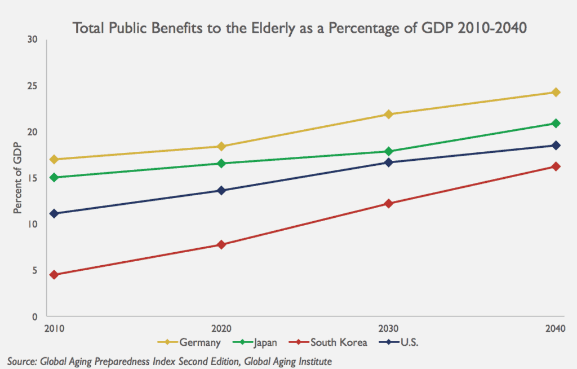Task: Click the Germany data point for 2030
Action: click(x=388, y=114)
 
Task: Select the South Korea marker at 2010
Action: click(x=54, y=275)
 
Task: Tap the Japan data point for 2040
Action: click(x=556, y=123)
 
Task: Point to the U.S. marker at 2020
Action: click(x=221, y=190)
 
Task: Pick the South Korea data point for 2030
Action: click(x=388, y=203)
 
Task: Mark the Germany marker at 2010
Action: click(x=54, y=159)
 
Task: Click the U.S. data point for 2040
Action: click(x=556, y=145)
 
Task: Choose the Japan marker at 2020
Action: click(x=221, y=163)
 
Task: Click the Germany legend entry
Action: click(x=192, y=342)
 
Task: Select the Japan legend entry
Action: click(x=259, y=342)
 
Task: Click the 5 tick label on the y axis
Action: click(x=35, y=270)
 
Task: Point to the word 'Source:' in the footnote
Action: click(x=22, y=360)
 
